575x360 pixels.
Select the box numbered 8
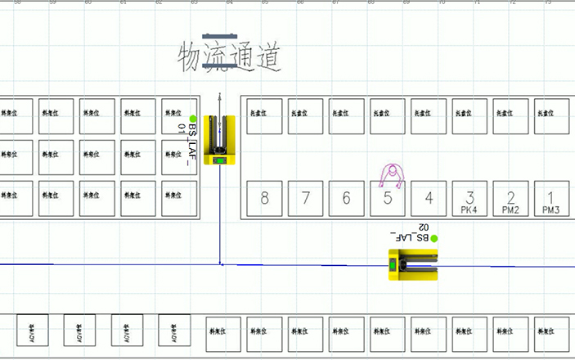point(264,199)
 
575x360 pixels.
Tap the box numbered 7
point(305,199)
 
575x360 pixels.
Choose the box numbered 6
point(346,199)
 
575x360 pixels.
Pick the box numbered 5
point(388,199)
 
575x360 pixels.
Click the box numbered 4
point(429,199)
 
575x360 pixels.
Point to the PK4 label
point(469,209)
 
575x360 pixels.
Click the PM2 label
point(510,209)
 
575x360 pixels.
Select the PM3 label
point(551,209)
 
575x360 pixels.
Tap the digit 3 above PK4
point(469,196)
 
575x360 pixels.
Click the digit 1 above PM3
point(551,196)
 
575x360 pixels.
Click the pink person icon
point(393,174)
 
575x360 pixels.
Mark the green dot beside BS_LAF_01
point(193,119)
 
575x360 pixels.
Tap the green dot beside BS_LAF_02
point(434,238)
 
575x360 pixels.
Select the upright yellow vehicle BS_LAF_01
point(220,140)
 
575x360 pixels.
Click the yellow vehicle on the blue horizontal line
point(412,264)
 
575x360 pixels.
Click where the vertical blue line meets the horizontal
point(220,264)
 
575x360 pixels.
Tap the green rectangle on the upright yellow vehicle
point(220,159)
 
